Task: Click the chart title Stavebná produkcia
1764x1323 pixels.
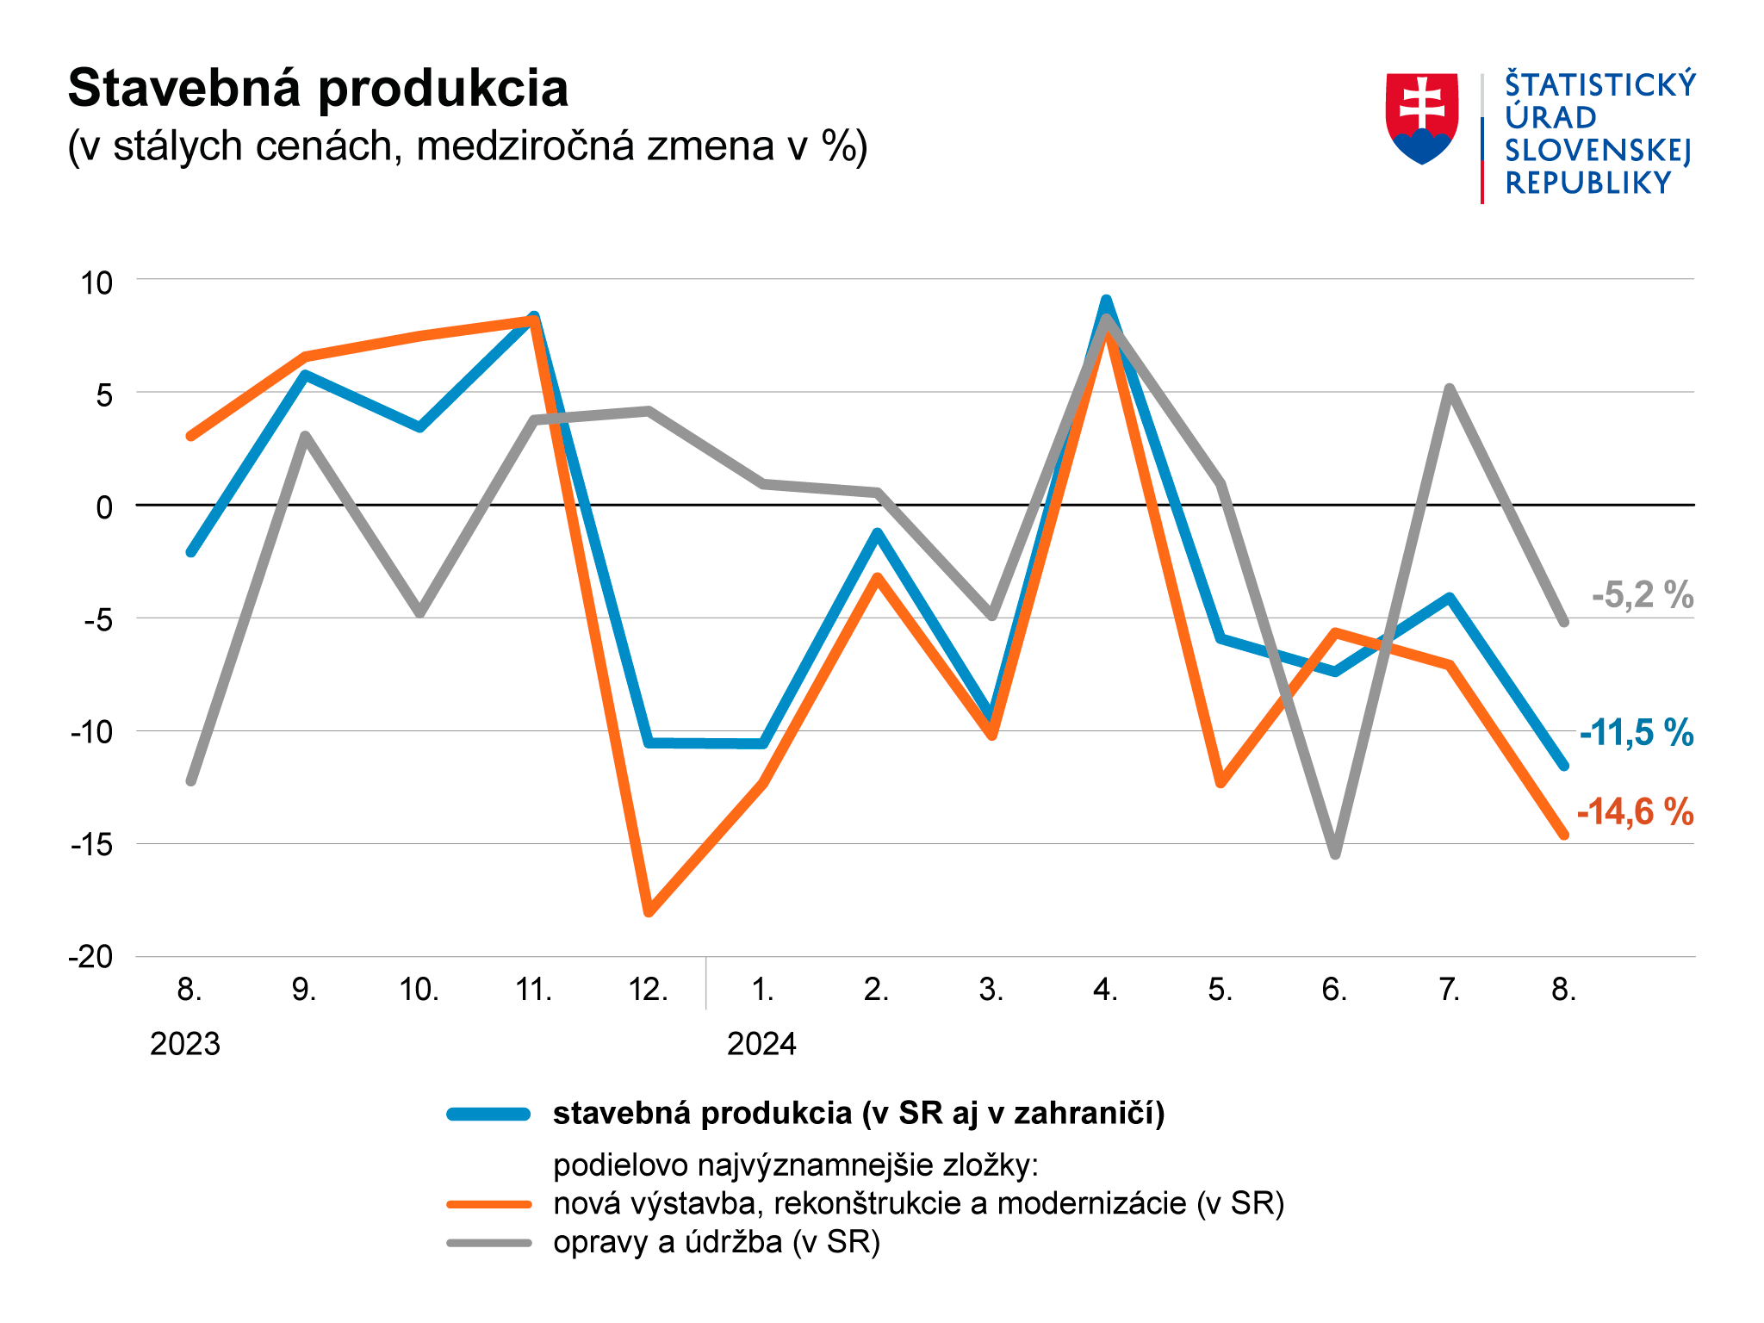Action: pos(318,89)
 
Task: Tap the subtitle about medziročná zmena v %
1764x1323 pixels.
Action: pos(467,146)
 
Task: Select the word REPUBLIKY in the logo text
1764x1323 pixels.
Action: pos(1587,183)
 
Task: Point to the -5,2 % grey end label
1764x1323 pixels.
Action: pos(1642,595)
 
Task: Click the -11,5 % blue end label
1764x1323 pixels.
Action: pos(1636,733)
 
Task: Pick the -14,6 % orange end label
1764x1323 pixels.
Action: pos(1635,812)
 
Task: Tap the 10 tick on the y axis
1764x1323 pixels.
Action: pos(96,283)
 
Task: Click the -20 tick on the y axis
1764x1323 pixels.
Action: pos(91,957)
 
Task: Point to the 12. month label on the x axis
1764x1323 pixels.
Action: pos(649,990)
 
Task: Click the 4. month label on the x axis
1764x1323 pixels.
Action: pos(1105,990)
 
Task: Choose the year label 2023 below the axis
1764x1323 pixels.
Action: pos(185,1044)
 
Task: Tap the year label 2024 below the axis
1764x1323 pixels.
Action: pos(761,1044)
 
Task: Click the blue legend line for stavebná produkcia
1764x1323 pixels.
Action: pos(488,1115)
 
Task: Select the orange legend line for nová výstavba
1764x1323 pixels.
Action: pos(488,1204)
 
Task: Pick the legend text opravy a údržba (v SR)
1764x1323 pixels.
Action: pos(717,1242)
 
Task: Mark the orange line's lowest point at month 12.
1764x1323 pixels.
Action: pos(649,912)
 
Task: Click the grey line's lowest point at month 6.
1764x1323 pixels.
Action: pos(1335,854)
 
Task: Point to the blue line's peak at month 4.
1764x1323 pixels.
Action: pos(1106,301)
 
